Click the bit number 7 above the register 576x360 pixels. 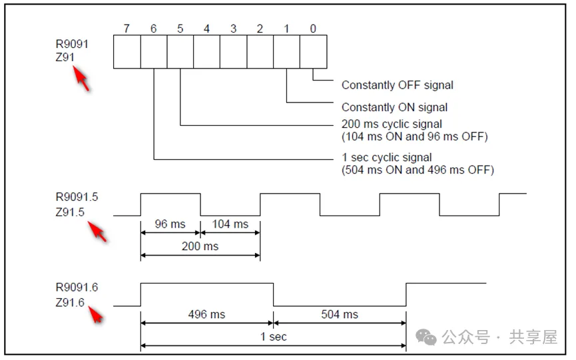127,29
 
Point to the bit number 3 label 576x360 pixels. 233,29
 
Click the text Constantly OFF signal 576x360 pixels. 397,85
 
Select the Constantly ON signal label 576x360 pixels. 394,107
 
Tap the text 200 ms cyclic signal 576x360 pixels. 392,124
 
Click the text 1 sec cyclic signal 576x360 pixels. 387,158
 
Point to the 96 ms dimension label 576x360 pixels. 170,224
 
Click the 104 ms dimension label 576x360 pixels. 230,224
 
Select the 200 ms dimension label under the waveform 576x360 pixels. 200,247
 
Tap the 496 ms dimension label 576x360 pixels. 206,314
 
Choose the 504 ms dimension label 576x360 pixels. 340,314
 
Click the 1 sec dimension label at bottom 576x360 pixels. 273,337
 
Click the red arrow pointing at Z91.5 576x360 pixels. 97,232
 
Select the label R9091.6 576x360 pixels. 77,288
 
